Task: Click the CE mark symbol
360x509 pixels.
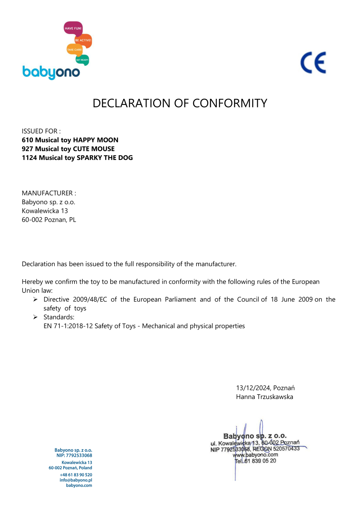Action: point(313,63)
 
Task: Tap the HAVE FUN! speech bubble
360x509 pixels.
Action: point(73,28)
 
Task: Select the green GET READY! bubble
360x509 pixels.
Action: point(82,59)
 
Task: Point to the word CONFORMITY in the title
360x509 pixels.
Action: point(229,103)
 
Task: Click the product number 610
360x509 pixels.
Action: point(27,140)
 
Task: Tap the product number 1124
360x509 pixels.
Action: point(29,158)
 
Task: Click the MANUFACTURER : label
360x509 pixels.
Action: point(49,193)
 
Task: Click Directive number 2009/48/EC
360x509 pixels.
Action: point(90,299)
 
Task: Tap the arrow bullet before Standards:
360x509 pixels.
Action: point(35,317)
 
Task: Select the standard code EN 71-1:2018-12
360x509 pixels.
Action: point(68,326)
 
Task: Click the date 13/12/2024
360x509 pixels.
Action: point(253,388)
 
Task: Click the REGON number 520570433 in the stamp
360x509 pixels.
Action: point(286,449)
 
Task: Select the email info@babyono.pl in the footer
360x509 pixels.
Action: point(76,480)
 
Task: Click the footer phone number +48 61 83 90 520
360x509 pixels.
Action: point(76,475)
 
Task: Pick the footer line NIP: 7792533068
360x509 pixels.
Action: point(74,456)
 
